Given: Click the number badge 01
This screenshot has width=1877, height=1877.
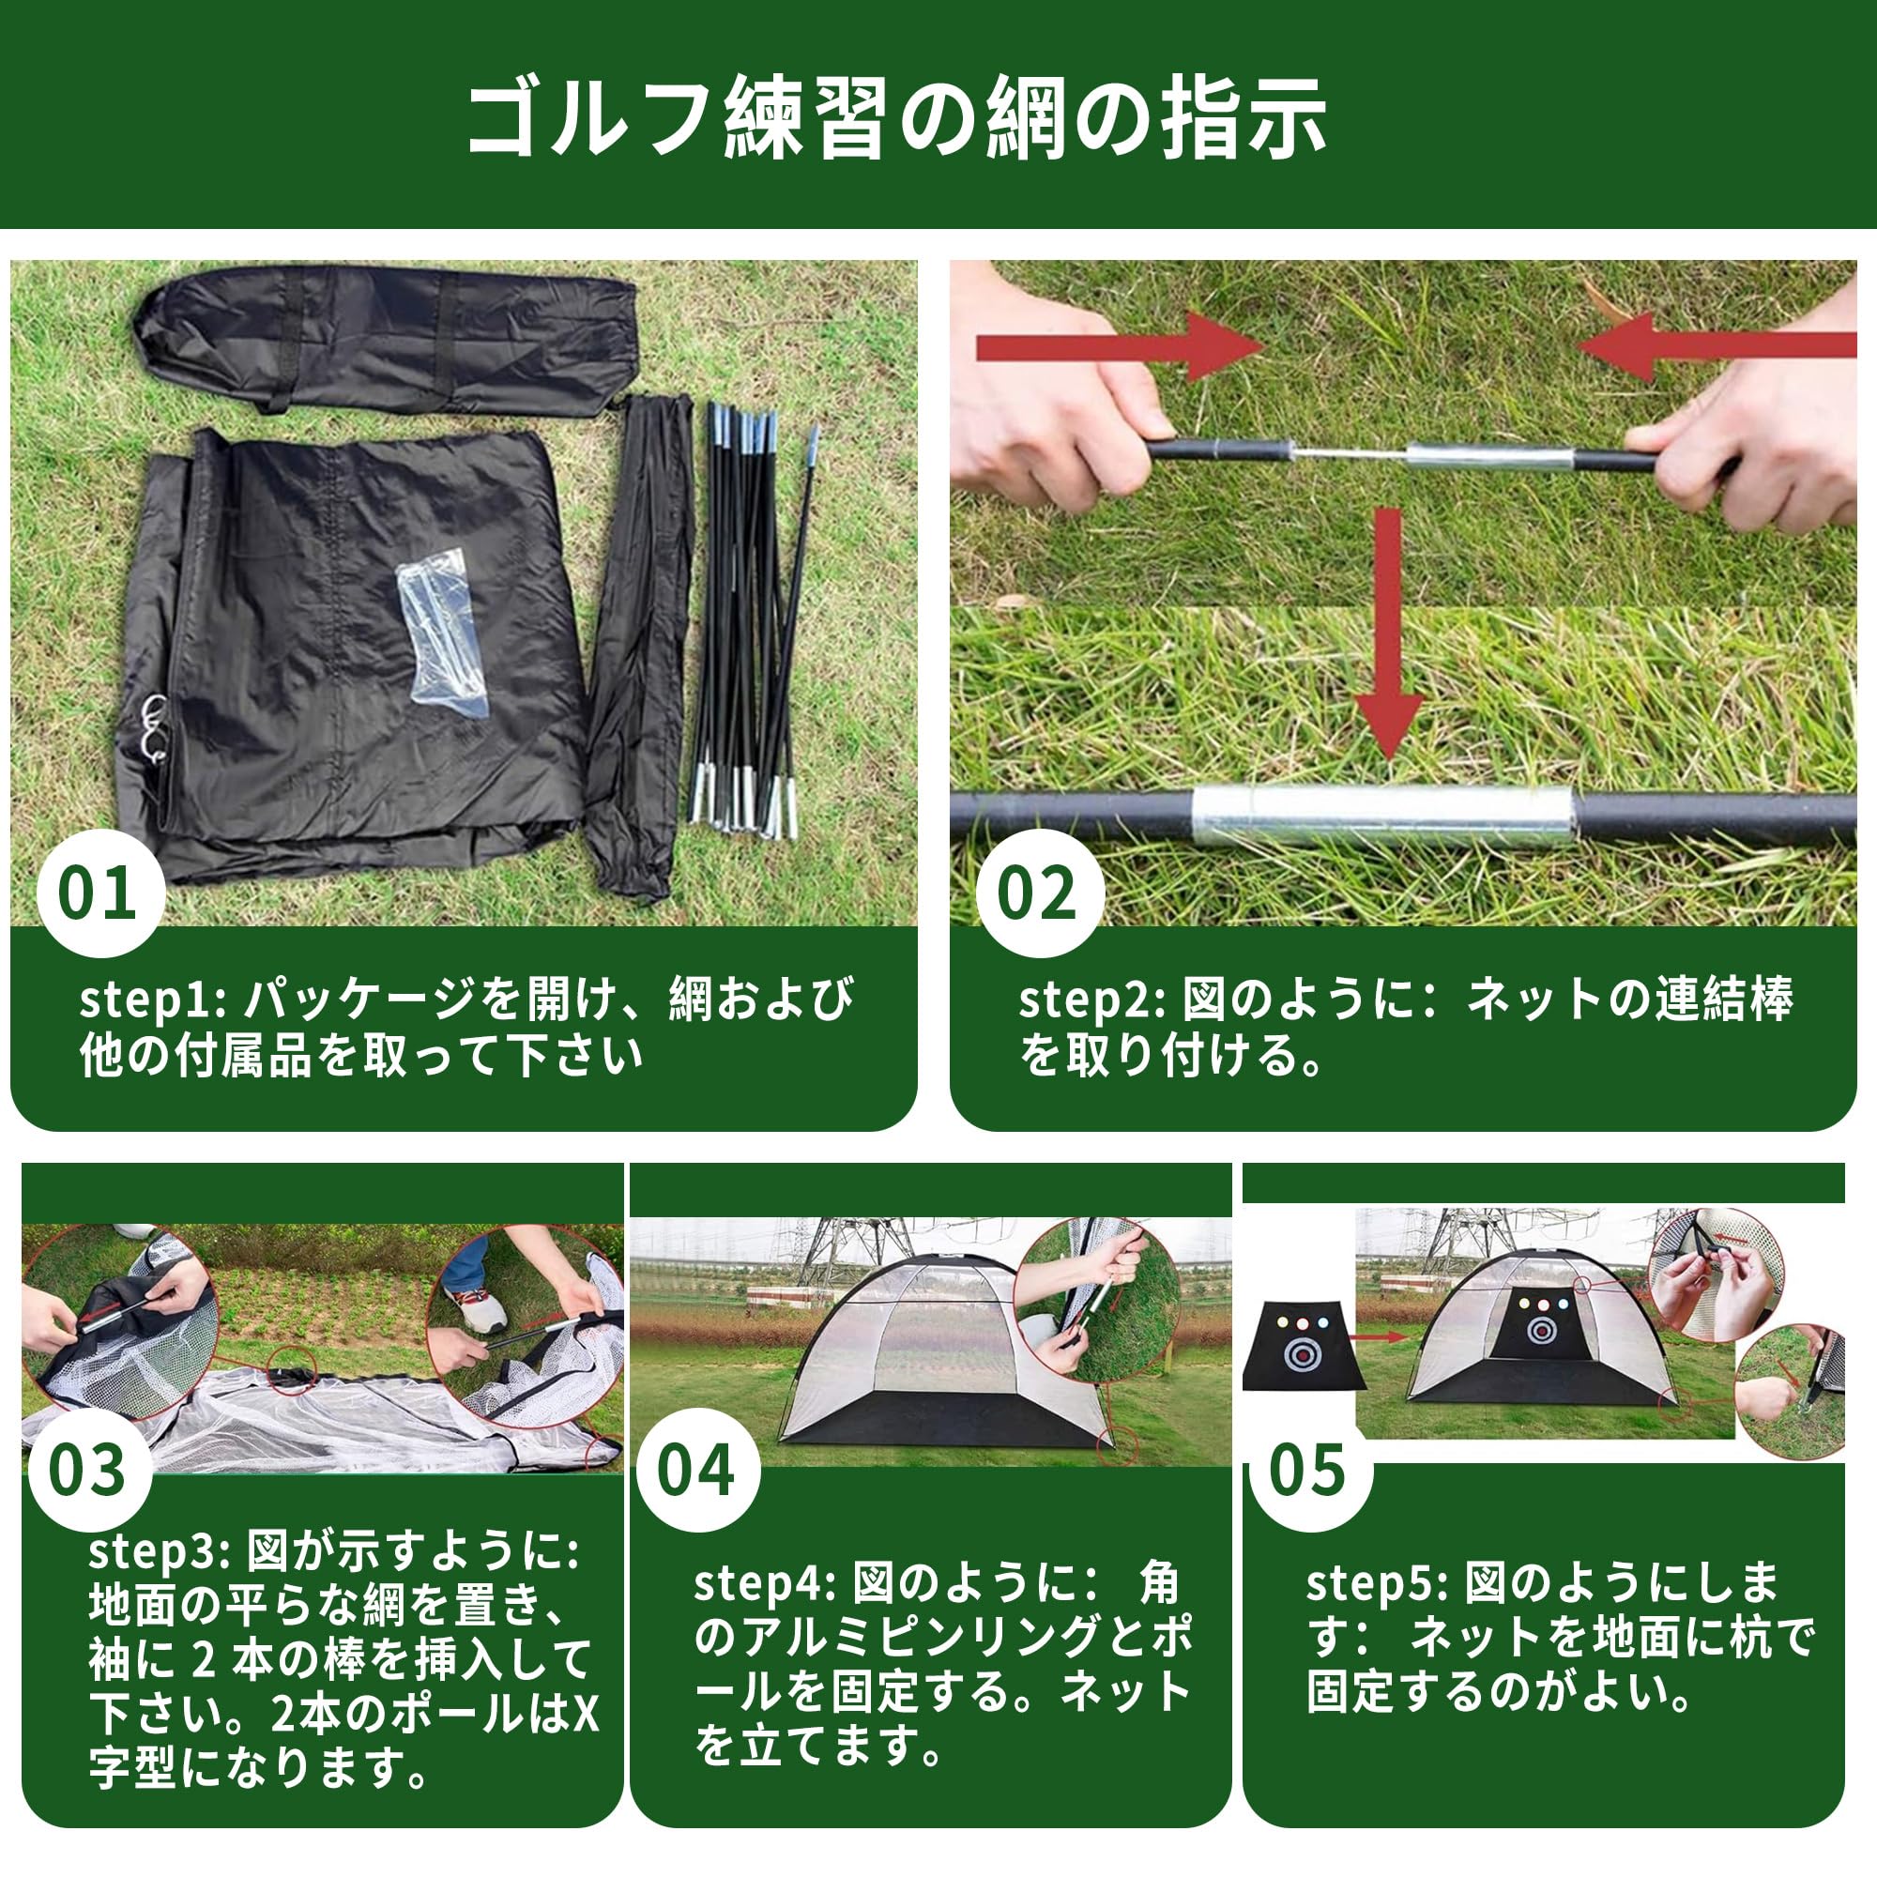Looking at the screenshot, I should tap(98, 893).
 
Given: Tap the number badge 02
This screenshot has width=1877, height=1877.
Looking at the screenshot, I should tap(1037, 893).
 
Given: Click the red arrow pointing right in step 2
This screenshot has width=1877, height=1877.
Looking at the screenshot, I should tap(1117, 347).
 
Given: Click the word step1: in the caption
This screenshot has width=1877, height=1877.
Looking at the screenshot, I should tap(151, 1000).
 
